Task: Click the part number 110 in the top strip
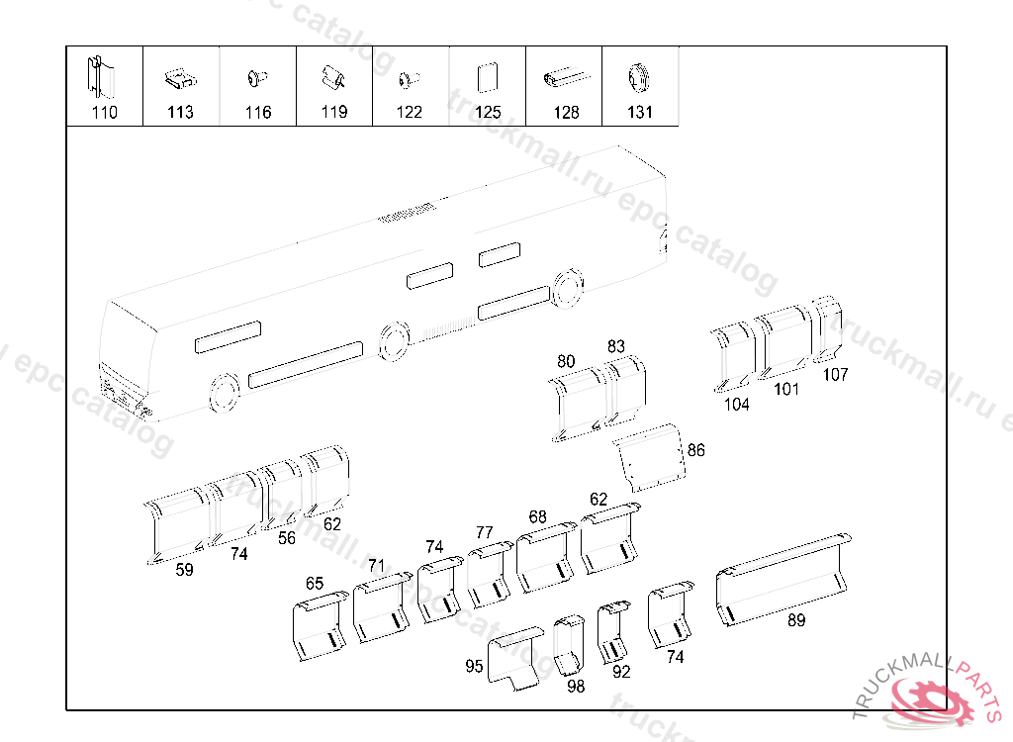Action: (105, 113)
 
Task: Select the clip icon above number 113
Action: (180, 79)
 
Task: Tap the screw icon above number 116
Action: (257, 78)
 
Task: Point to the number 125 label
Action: (488, 113)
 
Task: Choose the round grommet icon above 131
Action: (640, 77)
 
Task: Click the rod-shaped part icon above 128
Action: (567, 77)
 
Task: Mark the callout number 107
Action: (835, 374)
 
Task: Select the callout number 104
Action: (736, 405)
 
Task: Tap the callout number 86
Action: (695, 450)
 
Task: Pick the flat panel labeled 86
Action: (649, 457)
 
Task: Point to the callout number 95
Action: (474, 666)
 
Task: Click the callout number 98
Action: (576, 687)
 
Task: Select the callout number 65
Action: (315, 584)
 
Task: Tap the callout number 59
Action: (184, 570)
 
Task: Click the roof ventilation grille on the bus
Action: (406, 212)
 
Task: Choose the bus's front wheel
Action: (225, 393)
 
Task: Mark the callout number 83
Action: (616, 346)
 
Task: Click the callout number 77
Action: (485, 532)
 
